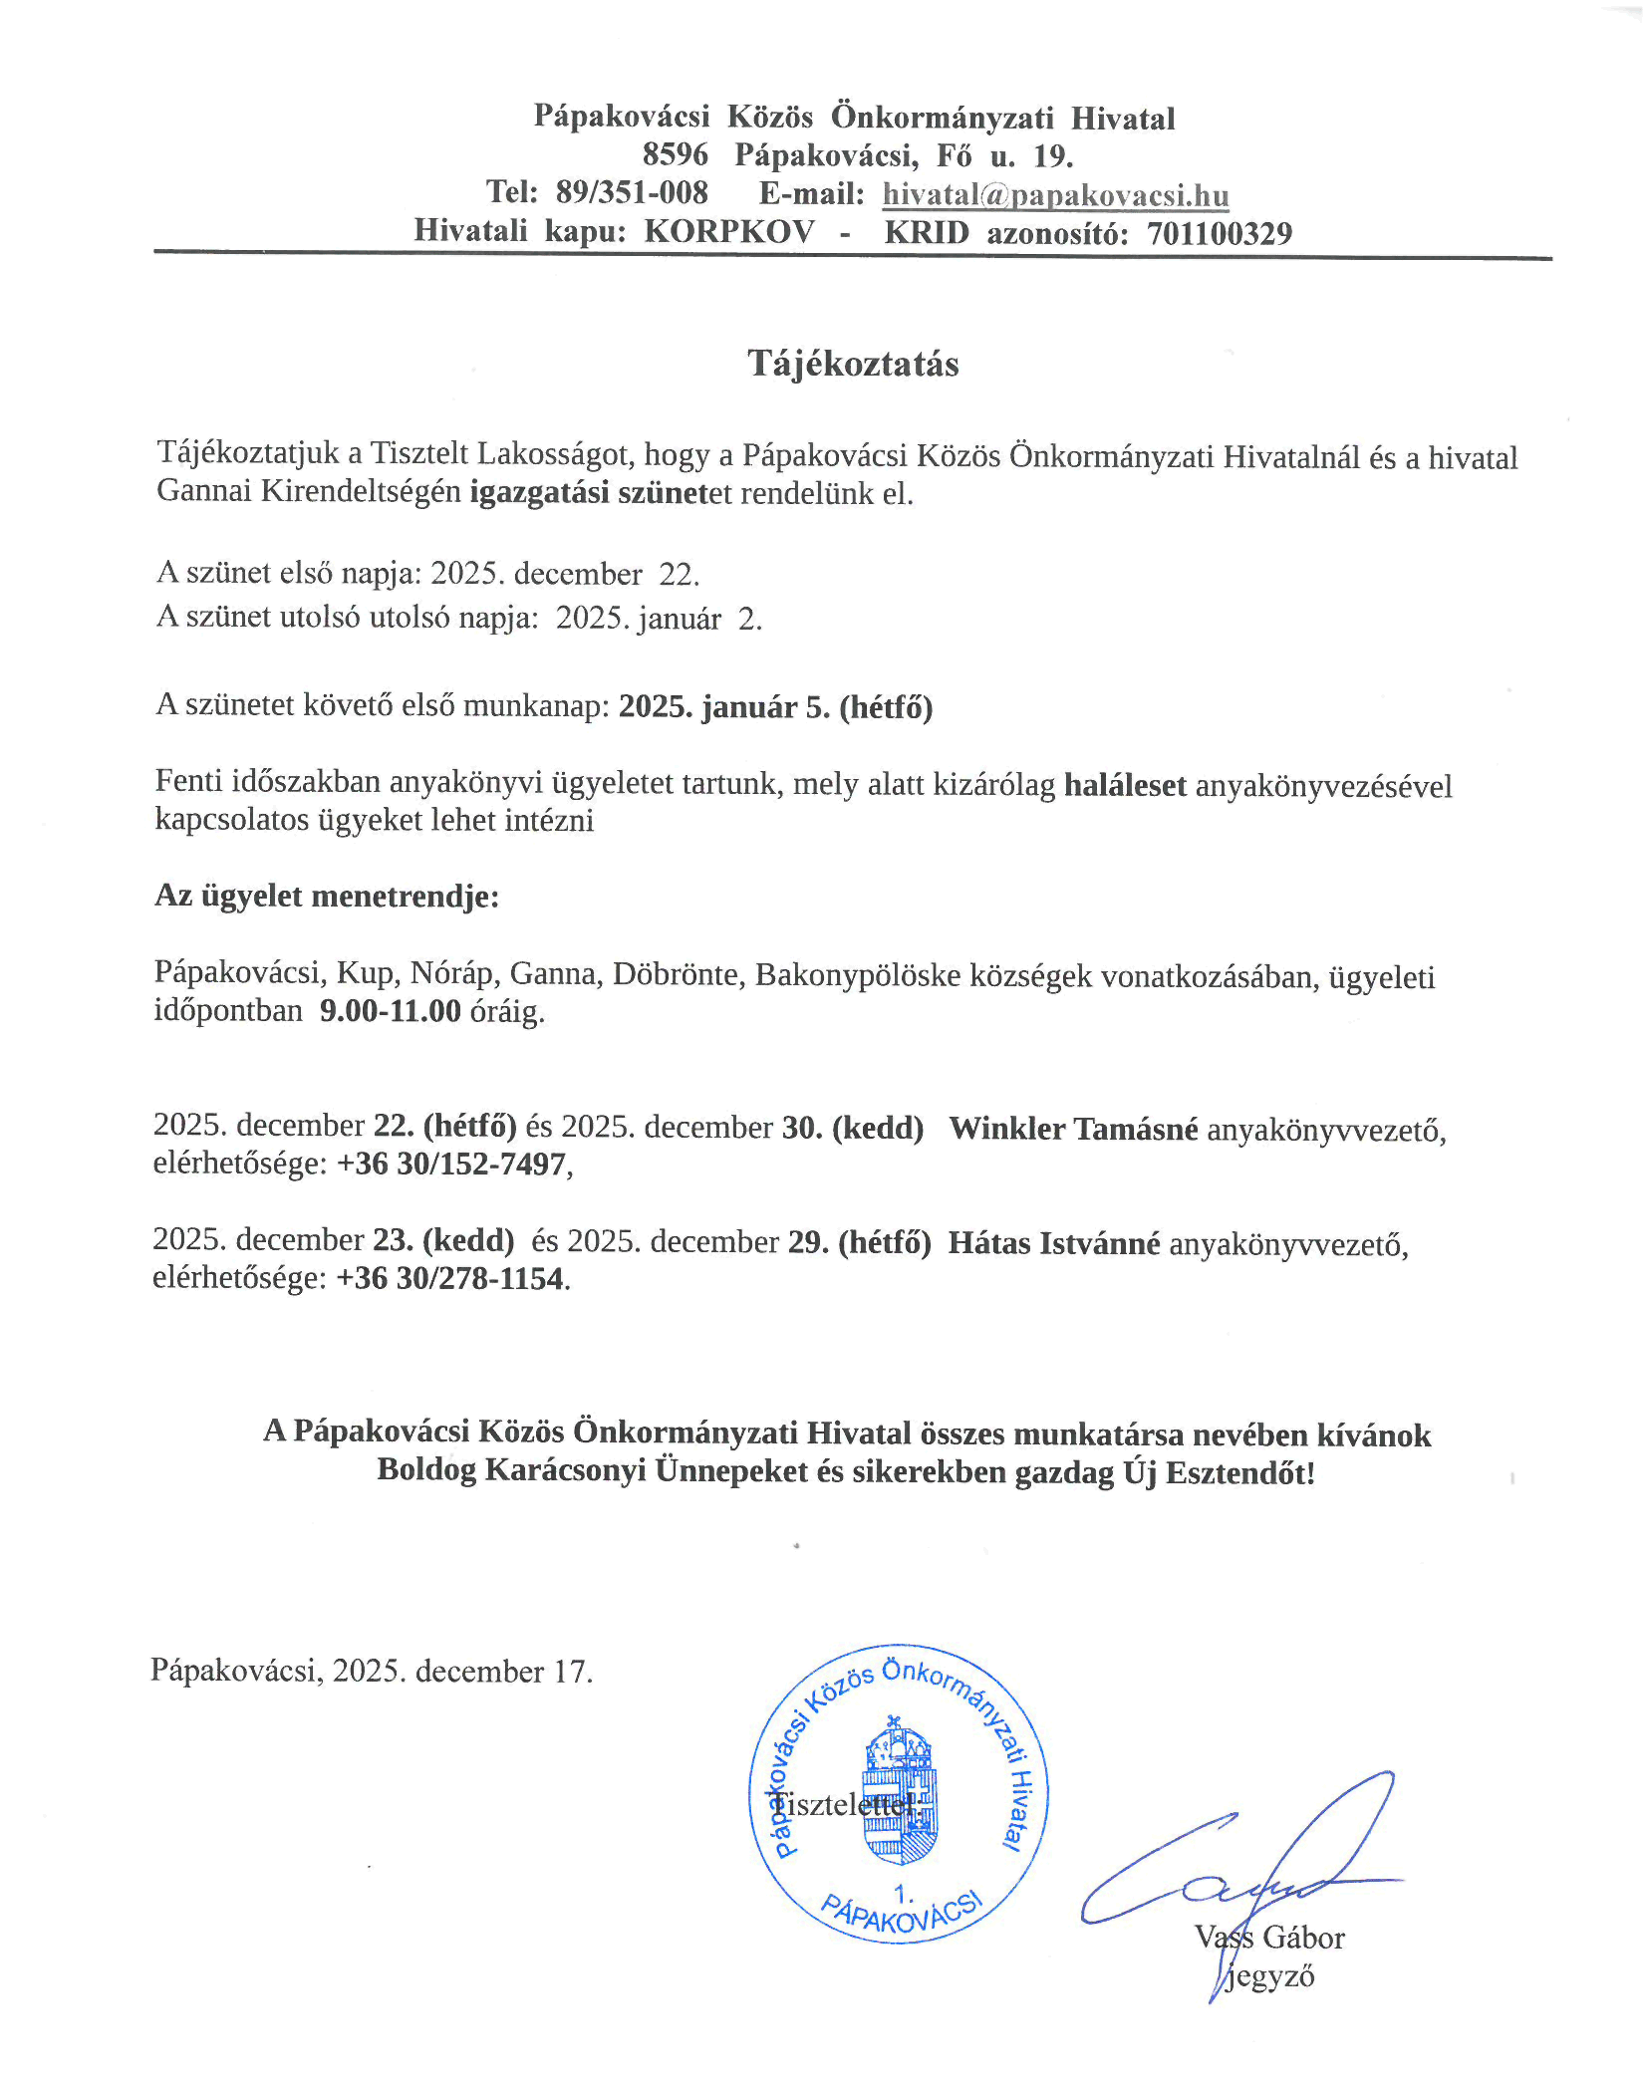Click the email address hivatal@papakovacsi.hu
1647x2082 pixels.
1055,195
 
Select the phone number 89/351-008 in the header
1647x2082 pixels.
632,192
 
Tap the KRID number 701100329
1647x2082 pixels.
1219,234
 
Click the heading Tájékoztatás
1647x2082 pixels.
853,364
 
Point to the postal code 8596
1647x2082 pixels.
675,155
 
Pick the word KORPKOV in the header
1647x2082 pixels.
728,232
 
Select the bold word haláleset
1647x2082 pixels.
1125,785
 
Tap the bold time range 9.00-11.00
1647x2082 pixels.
391,1011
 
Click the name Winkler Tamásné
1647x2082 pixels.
1073,1129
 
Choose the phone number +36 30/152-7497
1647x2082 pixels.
451,1164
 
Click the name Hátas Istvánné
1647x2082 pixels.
1054,1243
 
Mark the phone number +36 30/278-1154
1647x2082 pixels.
450,1278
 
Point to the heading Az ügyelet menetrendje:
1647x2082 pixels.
327,896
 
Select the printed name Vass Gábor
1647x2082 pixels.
1269,1938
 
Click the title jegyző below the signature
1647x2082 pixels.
1269,1976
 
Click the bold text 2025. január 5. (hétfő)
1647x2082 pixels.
775,707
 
